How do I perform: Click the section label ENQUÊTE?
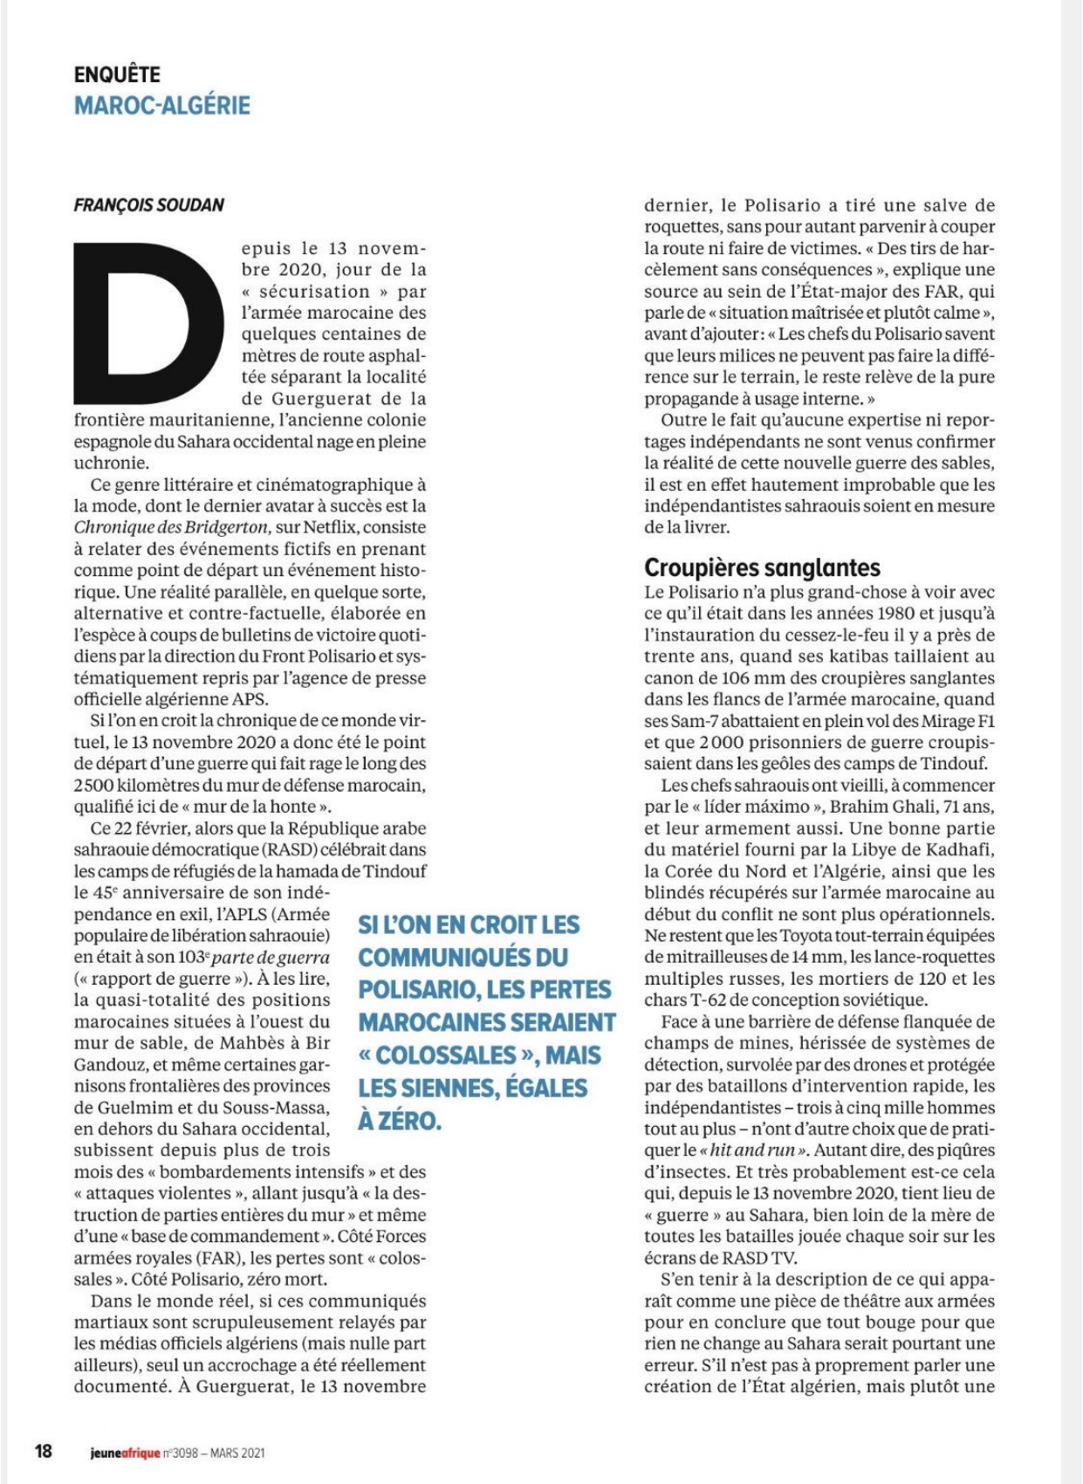(x=117, y=75)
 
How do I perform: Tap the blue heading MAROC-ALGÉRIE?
(x=162, y=106)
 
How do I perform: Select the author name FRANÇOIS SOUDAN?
(x=149, y=205)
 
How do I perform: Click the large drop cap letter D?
(x=148, y=320)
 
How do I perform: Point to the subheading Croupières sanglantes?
(x=762, y=568)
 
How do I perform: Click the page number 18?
(x=43, y=1452)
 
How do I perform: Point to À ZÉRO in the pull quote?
(x=400, y=1121)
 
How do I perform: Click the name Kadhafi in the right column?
(x=957, y=849)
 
